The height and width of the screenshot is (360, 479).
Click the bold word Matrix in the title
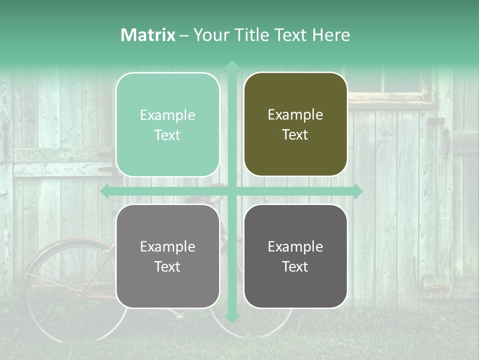pos(148,35)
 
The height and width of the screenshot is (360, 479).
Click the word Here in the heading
pos(331,35)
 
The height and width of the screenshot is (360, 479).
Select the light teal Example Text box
pos(168,124)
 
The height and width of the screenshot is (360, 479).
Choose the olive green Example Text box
pos(295,124)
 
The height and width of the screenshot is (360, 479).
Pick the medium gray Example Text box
pos(168,256)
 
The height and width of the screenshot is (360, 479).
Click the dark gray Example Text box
pos(295,256)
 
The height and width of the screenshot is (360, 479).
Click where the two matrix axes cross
pos(232,191)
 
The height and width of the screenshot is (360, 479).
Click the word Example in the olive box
pos(295,115)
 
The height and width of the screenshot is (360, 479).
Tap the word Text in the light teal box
pos(168,135)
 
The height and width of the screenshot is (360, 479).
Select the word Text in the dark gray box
pos(295,266)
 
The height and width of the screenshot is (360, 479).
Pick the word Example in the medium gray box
pos(168,246)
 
